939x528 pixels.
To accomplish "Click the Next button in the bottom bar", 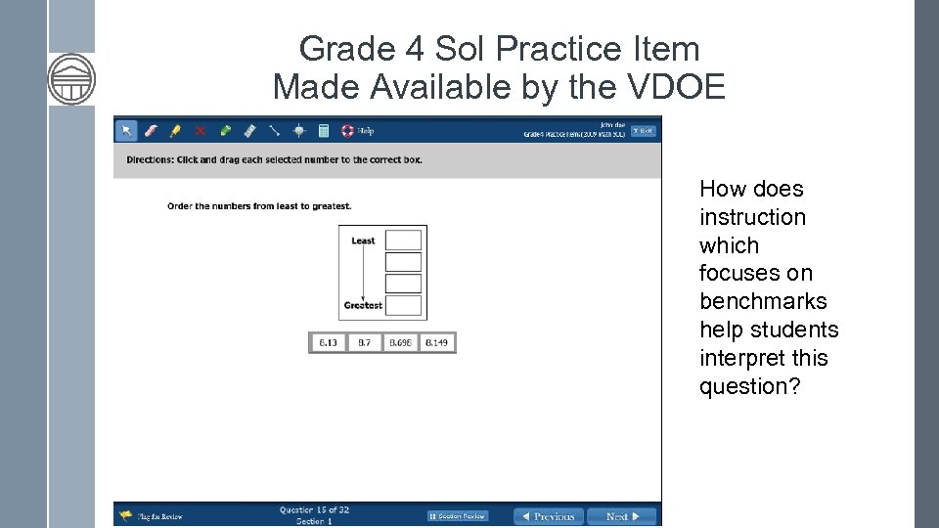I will pyautogui.click(x=622, y=516).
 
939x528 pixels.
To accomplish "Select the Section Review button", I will pyautogui.click(x=458, y=516).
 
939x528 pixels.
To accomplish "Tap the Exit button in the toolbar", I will pyautogui.click(x=643, y=130).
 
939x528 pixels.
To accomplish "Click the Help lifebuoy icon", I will pyautogui.click(x=347, y=130).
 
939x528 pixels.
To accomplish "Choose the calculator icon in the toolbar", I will pyautogui.click(x=324, y=130).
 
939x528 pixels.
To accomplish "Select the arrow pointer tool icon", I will pyautogui.click(x=126, y=130).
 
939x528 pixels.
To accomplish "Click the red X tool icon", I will pyautogui.click(x=201, y=130).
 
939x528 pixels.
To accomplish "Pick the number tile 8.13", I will pyautogui.click(x=328, y=342).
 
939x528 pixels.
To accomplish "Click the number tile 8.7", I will pyautogui.click(x=364, y=342).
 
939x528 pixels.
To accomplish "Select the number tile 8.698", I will pyautogui.click(x=400, y=342).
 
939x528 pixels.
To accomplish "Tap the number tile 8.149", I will pyautogui.click(x=436, y=342).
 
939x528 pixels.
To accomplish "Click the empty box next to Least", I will pyautogui.click(x=403, y=241).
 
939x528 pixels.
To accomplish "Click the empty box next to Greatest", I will pyautogui.click(x=403, y=305).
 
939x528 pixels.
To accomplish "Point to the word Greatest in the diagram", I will pyautogui.click(x=363, y=305).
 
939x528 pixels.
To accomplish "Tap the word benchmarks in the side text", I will pyautogui.click(x=763, y=301).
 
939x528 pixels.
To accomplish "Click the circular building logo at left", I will pyautogui.click(x=71, y=79).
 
